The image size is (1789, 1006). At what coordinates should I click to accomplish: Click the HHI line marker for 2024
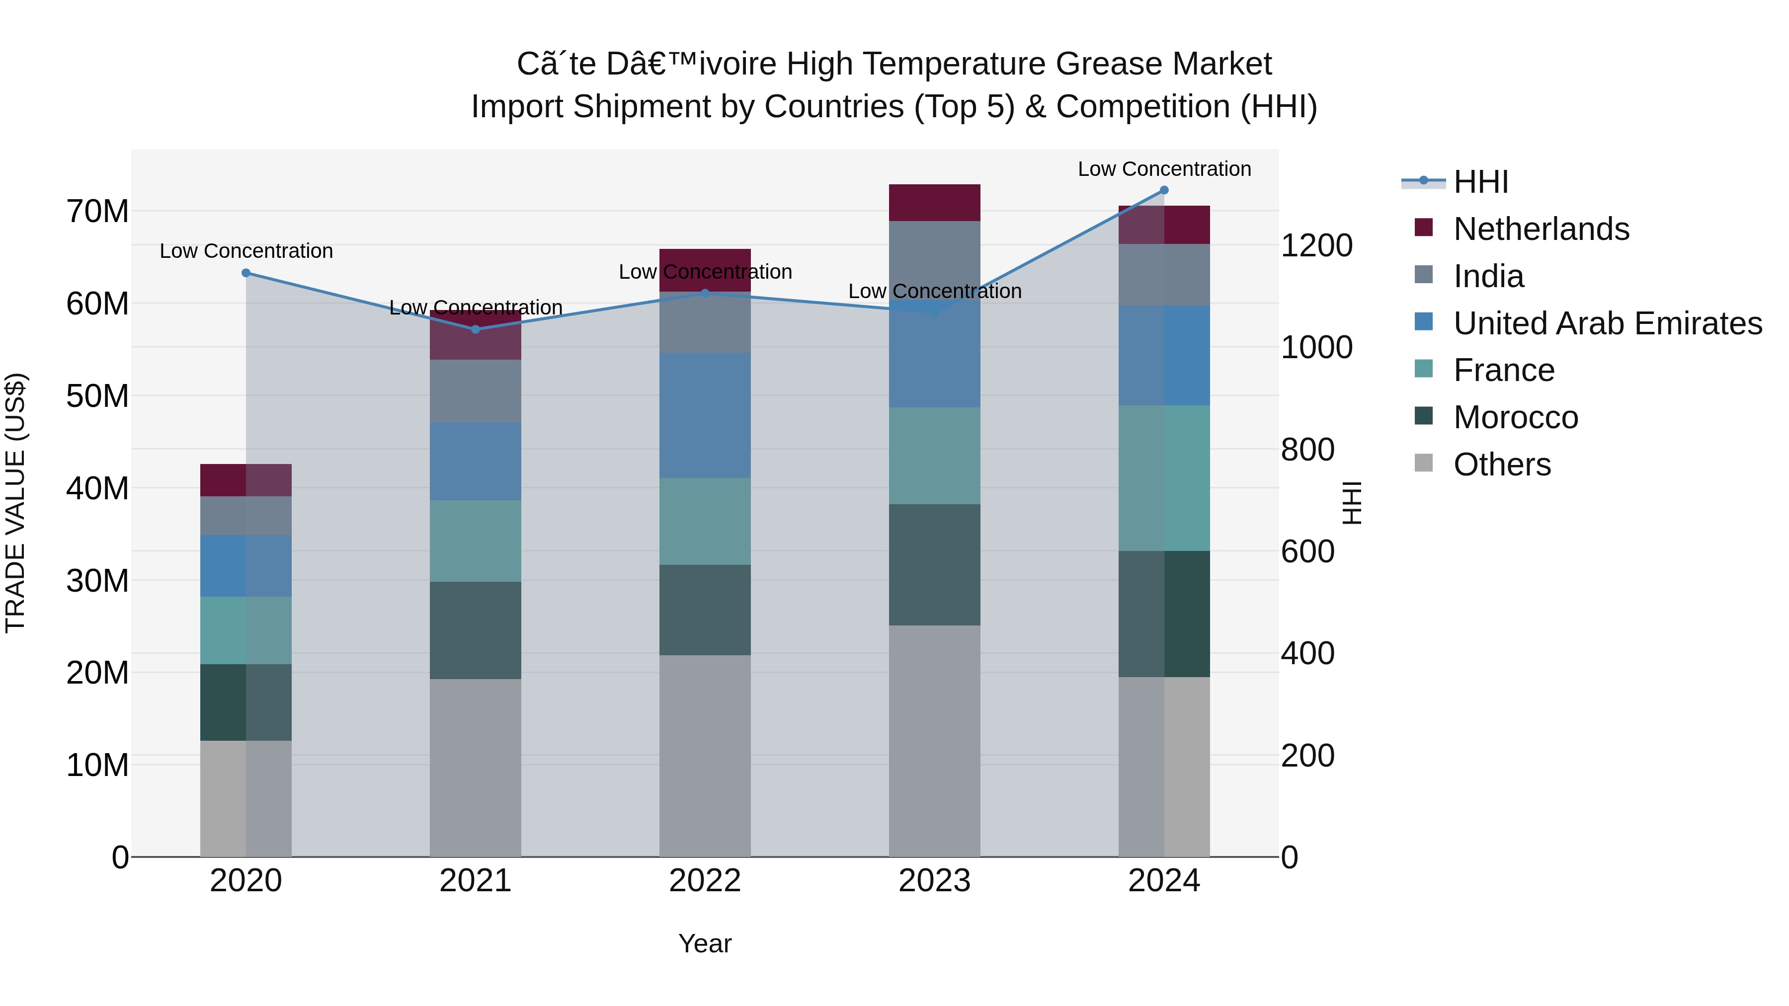click(1164, 190)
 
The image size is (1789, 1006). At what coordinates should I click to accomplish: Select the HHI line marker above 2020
click(246, 273)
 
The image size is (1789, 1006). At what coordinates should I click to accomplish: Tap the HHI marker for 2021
click(476, 329)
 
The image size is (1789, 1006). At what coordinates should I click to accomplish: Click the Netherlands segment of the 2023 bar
click(934, 203)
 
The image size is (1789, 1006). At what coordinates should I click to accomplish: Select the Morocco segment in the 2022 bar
click(705, 610)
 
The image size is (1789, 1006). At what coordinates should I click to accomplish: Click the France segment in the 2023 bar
click(934, 456)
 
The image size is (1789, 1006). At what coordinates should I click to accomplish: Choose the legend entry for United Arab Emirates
click(1607, 323)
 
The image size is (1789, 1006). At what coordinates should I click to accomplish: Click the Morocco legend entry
click(1515, 417)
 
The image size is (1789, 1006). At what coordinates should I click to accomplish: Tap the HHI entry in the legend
click(1481, 182)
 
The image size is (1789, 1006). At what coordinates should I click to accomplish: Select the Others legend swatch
click(1424, 463)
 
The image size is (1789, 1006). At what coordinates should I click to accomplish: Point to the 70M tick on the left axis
click(97, 211)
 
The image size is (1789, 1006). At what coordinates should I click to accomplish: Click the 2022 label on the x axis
click(705, 881)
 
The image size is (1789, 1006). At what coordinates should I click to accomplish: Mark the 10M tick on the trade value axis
click(97, 765)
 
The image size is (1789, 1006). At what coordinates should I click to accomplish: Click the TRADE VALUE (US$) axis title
click(16, 503)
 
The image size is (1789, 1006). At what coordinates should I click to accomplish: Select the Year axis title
click(705, 943)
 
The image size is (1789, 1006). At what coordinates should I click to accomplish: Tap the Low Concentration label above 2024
click(1164, 169)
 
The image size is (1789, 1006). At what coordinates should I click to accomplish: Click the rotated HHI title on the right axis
click(1352, 503)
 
